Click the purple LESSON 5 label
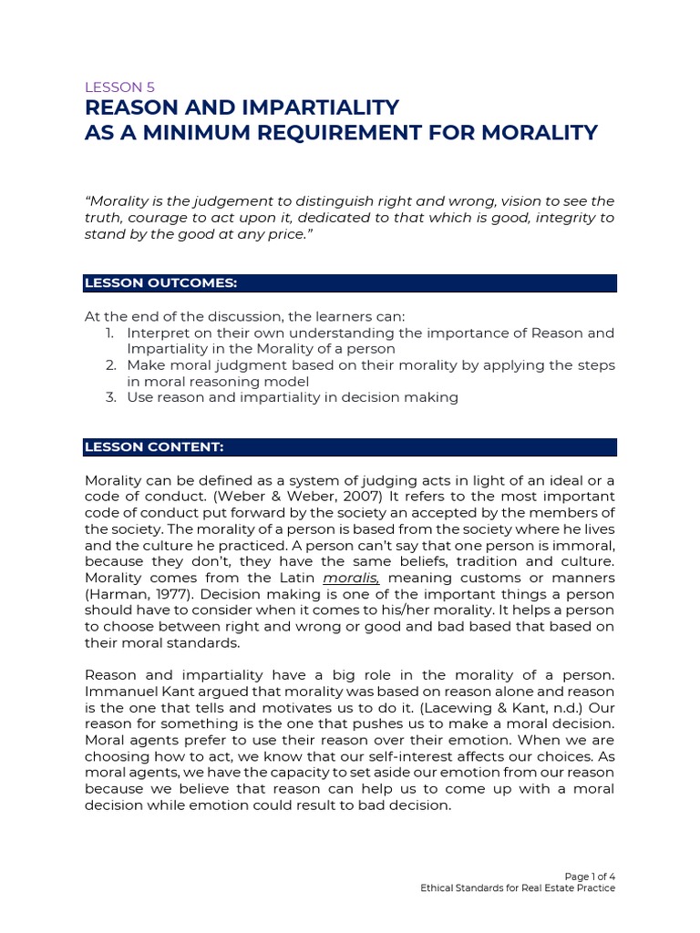[119, 87]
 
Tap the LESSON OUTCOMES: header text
[160, 283]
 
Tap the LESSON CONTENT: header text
[153, 447]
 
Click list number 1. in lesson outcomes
[108, 333]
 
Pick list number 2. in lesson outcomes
[108, 364]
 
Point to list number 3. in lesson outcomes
[108, 397]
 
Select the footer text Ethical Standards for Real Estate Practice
[517, 887]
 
